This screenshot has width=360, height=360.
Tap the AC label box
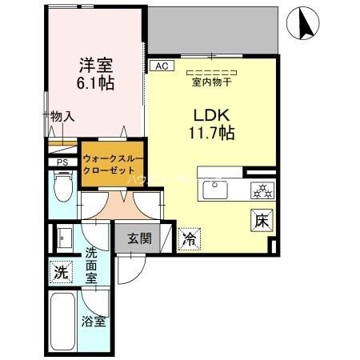[161, 66]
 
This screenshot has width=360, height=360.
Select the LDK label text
[210, 113]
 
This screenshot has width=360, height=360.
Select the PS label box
[62, 163]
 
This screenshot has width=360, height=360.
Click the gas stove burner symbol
[262, 190]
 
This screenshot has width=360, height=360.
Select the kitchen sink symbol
[215, 190]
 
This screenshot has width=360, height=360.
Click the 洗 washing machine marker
[60, 271]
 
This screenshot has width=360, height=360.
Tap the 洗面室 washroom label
[91, 264]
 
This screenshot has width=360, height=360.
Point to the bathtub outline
[64, 319]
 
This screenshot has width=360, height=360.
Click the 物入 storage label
[62, 117]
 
